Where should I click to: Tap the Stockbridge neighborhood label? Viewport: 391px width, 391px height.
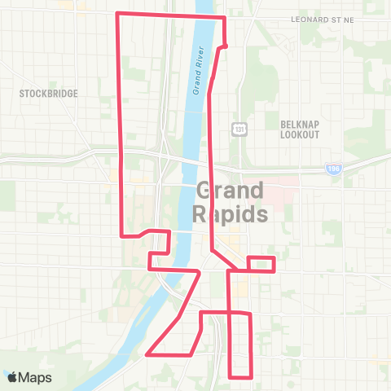coord(49,94)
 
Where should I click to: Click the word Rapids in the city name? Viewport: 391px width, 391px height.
coord(230,215)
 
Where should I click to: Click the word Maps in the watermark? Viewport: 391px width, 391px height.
coord(35,377)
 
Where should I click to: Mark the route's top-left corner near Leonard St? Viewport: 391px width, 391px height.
coord(119,14)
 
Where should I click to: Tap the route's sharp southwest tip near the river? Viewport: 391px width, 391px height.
coord(147,354)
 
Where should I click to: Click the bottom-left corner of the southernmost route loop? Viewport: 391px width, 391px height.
coord(231,376)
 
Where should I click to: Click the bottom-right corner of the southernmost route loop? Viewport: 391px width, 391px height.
coord(250,376)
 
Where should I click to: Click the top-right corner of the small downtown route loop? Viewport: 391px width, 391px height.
coord(274,258)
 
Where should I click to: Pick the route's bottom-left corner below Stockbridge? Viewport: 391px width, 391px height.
coord(122,235)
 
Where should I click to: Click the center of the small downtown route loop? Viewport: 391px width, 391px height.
coord(261,264)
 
